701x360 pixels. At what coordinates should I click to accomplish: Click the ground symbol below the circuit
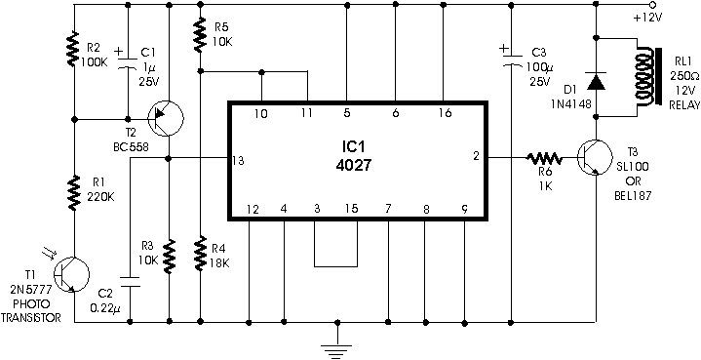[x=336, y=345]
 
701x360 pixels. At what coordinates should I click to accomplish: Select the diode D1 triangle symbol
[x=596, y=81]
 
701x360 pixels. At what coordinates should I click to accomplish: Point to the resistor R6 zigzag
[x=544, y=157]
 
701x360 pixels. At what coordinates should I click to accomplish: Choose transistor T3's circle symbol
[x=594, y=157]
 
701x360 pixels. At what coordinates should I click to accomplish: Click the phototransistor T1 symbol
[x=71, y=274]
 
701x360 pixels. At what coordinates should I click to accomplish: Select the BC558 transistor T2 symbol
[x=165, y=118]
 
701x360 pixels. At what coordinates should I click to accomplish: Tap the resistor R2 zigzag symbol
[x=73, y=49]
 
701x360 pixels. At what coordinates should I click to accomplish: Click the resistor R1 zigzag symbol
[x=74, y=193]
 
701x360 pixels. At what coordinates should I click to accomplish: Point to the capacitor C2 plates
[x=130, y=282]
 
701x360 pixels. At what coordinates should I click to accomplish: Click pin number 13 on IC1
[x=238, y=161]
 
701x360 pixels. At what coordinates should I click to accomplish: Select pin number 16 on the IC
[x=445, y=113]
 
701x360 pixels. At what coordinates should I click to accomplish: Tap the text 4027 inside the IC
[x=353, y=166]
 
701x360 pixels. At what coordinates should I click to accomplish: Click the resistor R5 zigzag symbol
[x=200, y=33]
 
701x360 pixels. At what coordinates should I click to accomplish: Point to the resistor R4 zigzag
[x=201, y=253]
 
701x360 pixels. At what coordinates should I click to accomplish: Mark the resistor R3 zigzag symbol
[x=170, y=257]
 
